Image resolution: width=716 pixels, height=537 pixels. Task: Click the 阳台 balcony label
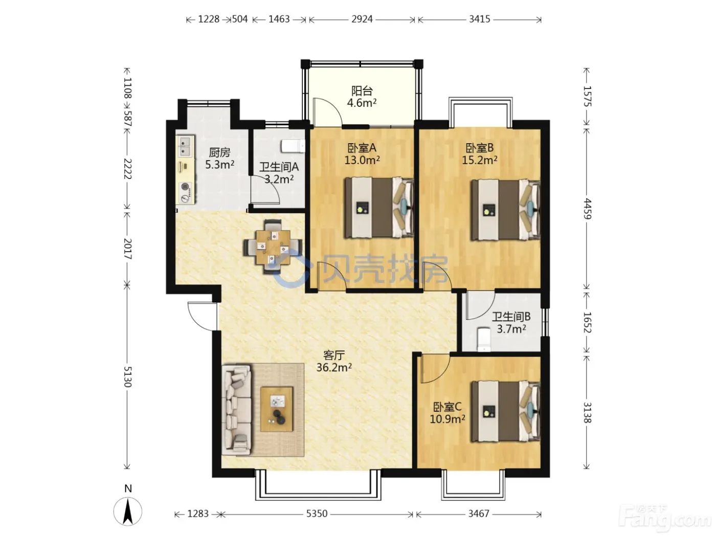pyautogui.click(x=362, y=91)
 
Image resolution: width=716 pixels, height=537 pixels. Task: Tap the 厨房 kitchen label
pyautogui.click(x=219, y=152)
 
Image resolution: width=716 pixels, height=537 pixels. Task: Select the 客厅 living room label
pyautogui.click(x=334, y=355)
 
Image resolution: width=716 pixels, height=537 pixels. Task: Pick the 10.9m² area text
pyautogui.click(x=447, y=419)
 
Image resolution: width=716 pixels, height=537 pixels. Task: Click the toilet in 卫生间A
pyautogui.click(x=293, y=146)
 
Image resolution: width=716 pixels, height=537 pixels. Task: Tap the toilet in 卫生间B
pyautogui.click(x=483, y=340)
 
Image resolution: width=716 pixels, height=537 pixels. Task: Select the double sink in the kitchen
pyautogui.click(x=185, y=146)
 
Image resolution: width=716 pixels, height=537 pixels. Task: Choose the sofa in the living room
pyautogui.click(x=236, y=410)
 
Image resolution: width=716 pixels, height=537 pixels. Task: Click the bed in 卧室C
pyautogui.click(x=505, y=412)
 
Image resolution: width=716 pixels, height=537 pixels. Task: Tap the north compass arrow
pyautogui.click(x=128, y=511)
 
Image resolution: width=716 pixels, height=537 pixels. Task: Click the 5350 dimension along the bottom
pyautogui.click(x=317, y=514)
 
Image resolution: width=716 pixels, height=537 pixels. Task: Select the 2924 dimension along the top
pyautogui.click(x=362, y=19)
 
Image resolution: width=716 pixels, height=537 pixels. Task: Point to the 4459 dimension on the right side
pyautogui.click(x=587, y=209)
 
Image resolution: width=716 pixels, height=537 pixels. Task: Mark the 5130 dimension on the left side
pyautogui.click(x=127, y=376)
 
